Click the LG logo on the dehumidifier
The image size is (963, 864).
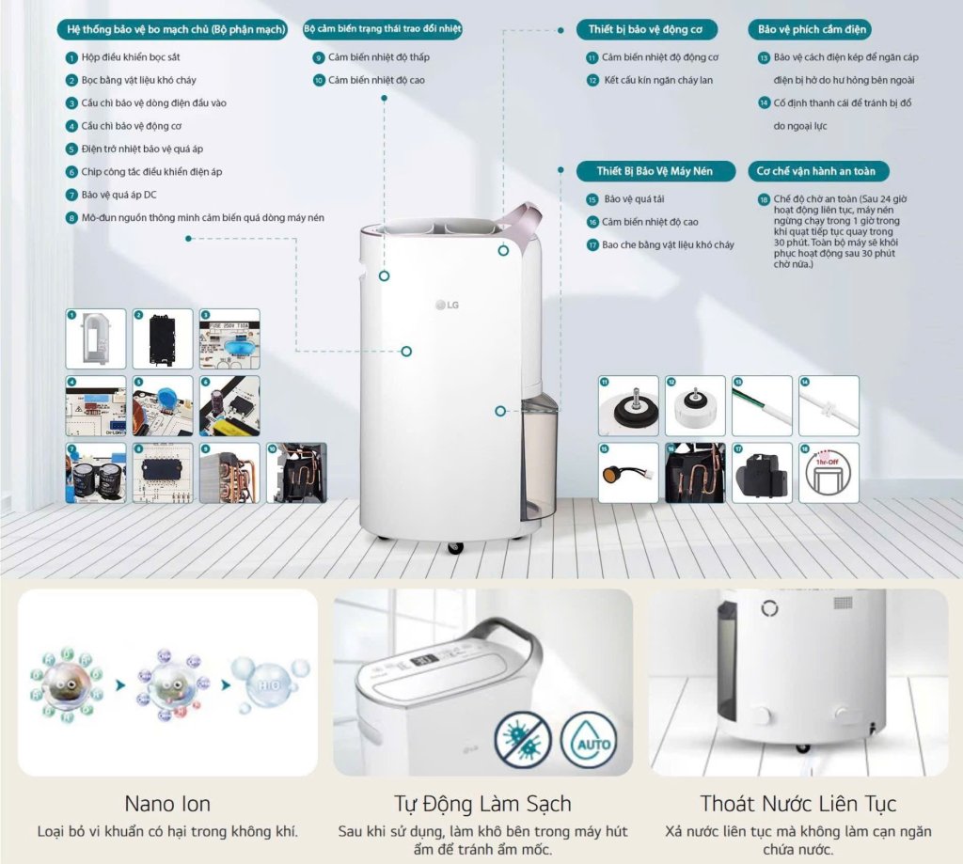click(x=446, y=303)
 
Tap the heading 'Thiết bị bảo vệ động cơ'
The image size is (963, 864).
click(x=645, y=29)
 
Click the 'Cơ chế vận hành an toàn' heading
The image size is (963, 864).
click(x=816, y=171)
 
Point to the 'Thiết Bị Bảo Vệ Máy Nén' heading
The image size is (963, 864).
click(x=655, y=171)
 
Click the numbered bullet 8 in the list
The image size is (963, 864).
click(x=71, y=217)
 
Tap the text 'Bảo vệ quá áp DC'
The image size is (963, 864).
click(x=118, y=195)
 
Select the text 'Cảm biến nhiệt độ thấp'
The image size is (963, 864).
click(x=379, y=57)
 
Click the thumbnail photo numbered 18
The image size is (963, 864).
click(x=829, y=472)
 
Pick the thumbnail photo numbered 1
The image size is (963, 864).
click(x=96, y=338)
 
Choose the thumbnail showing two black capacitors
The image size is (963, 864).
click(x=96, y=472)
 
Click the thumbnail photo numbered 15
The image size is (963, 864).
click(x=628, y=472)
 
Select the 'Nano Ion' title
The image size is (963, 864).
click(x=167, y=804)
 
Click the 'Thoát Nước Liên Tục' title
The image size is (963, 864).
click(x=798, y=804)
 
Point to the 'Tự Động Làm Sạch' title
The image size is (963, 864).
click(x=482, y=804)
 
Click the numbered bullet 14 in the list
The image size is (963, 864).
click(x=765, y=102)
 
